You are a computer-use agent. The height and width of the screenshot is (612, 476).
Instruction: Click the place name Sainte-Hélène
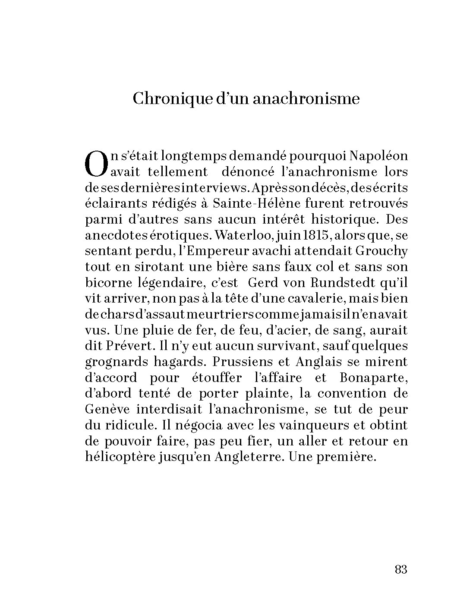tap(251, 203)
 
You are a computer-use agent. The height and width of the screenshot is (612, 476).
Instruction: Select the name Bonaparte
tap(374, 378)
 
